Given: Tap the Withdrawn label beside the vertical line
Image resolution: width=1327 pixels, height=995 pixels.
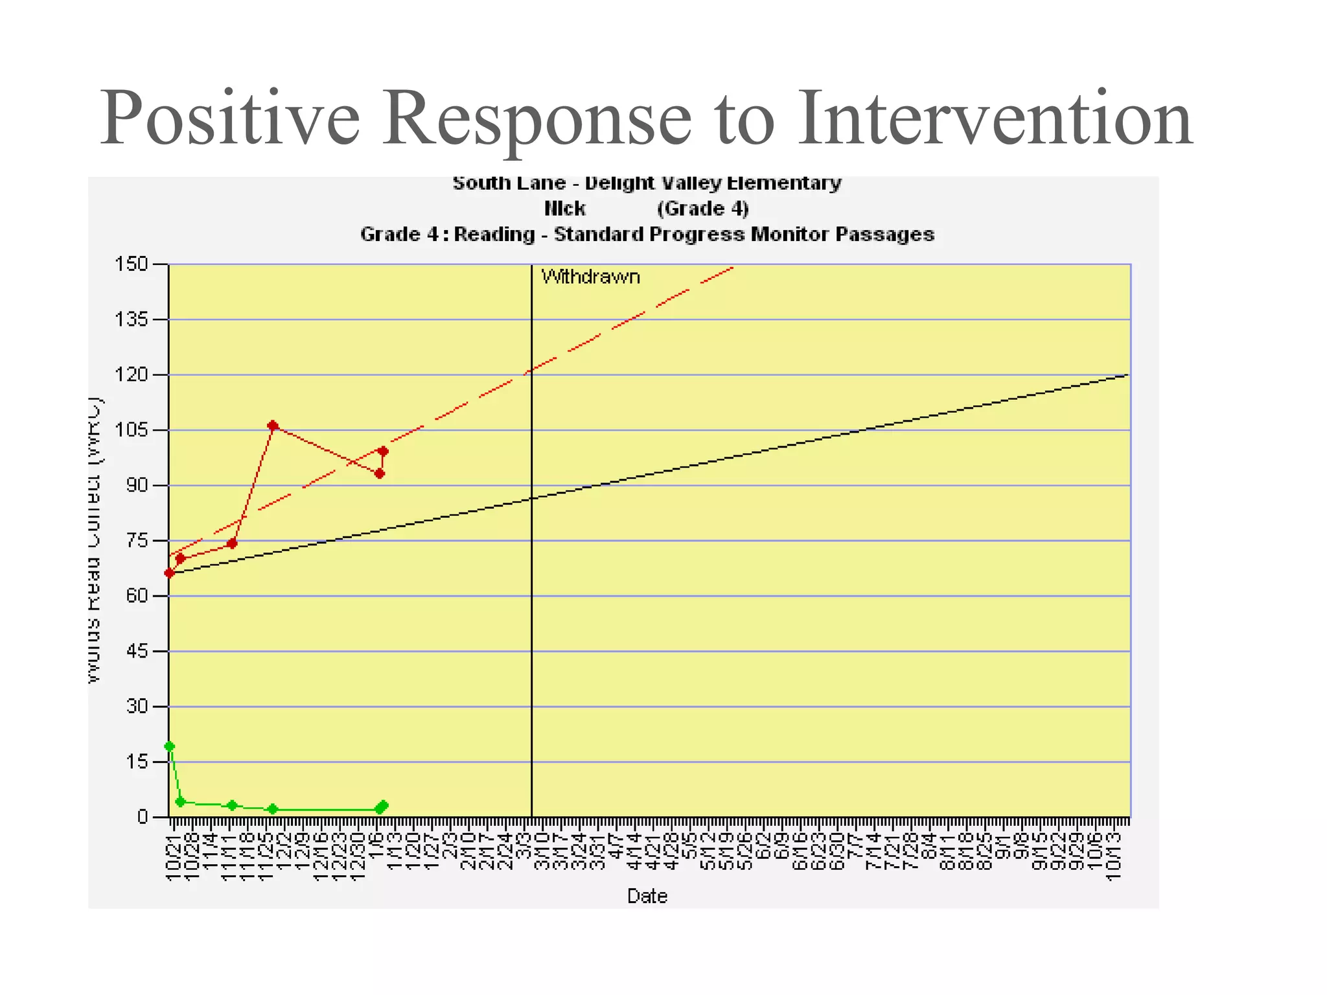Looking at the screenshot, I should [590, 277].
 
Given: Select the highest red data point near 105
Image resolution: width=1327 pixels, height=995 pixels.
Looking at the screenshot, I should [273, 426].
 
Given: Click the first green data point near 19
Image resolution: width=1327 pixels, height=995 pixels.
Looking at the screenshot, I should [170, 746].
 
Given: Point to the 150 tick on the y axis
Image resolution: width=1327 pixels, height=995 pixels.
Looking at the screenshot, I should [132, 264].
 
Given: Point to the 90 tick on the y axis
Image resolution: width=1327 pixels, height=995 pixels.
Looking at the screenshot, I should [137, 485].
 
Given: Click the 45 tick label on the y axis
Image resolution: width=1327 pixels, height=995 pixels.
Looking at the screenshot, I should [137, 651].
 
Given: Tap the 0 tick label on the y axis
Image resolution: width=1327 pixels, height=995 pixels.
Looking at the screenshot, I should [143, 817].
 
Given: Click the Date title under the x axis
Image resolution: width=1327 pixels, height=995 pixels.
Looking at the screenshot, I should [647, 896].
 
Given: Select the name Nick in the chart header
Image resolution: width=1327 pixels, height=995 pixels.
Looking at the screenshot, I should [564, 209].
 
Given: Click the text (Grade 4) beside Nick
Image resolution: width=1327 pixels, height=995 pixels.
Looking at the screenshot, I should [702, 209].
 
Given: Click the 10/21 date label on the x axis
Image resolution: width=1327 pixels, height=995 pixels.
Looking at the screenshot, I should [173, 858].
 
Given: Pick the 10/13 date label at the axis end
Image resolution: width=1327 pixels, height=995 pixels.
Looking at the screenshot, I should [1113, 858].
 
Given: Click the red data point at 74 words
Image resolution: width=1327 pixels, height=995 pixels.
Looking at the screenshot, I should [232, 543].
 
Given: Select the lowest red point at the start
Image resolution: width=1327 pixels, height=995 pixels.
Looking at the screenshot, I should [170, 573].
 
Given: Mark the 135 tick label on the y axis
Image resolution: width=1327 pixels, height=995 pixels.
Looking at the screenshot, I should [132, 319].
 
